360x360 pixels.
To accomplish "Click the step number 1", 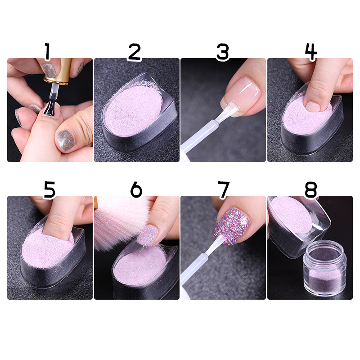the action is [x=47, y=51].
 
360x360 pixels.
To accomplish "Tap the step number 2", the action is [x=135, y=52].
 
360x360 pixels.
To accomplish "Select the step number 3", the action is [x=222, y=52].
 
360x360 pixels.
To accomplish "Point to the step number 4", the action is [x=310, y=52].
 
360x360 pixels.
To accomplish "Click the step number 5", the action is [x=49, y=190].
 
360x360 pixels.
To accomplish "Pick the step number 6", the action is [x=136, y=189].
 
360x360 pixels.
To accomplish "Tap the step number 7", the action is [x=223, y=189].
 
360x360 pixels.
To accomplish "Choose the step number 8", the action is [x=311, y=189].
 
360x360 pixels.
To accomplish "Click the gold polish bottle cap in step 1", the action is [x=58, y=71].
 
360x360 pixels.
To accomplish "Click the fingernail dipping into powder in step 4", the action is [x=313, y=106].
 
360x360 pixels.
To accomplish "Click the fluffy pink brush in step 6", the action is [x=119, y=221].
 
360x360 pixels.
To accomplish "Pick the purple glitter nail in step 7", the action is [x=232, y=226].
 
